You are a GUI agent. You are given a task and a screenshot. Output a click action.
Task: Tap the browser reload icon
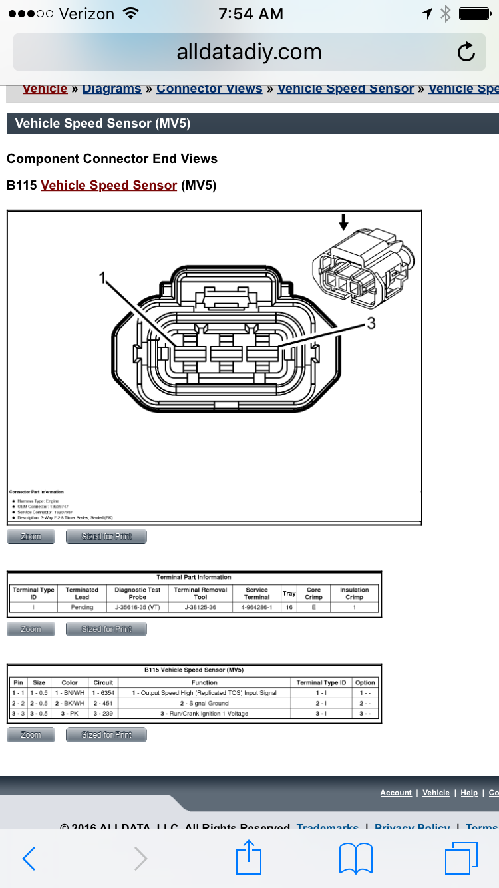tap(466, 52)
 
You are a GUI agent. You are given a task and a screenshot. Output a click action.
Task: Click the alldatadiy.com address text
tap(249, 52)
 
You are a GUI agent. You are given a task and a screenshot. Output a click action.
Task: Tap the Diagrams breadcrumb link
tap(112, 89)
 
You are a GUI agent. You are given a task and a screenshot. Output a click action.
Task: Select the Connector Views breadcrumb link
tap(209, 89)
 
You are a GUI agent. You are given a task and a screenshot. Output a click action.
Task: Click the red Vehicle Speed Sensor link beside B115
tap(108, 186)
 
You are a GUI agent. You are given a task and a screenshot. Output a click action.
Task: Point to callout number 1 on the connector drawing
tap(103, 278)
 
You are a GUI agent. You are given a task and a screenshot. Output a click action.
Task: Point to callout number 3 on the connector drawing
tap(371, 324)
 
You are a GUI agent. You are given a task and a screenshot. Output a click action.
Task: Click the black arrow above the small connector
tap(343, 222)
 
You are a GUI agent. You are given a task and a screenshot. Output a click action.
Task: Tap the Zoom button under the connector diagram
tap(31, 537)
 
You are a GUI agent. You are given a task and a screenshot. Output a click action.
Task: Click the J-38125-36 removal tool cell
tap(200, 607)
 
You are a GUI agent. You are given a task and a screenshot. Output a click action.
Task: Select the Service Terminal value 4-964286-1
tap(256, 607)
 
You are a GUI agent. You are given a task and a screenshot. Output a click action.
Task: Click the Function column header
tap(204, 682)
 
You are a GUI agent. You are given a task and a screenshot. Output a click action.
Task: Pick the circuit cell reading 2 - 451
tap(103, 703)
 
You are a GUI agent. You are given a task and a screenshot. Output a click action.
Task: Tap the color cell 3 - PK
tap(69, 713)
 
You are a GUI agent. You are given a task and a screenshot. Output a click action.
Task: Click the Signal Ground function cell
tap(204, 703)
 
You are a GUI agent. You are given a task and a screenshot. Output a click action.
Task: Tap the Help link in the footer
tap(469, 793)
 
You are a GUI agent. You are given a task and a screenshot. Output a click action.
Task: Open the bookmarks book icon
tap(356, 858)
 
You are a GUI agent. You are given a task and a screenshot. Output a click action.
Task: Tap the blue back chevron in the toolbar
tap(29, 859)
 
